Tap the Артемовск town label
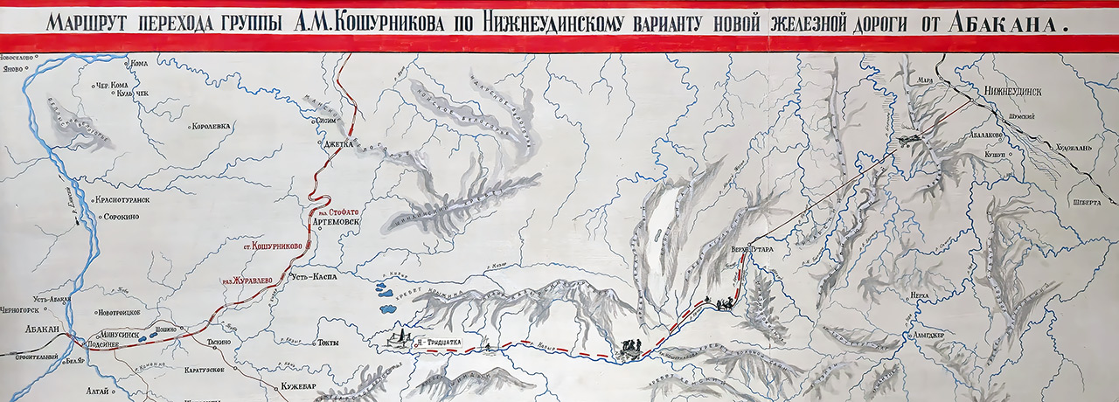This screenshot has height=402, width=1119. tap(335, 221)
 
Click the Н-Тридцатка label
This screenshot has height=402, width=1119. tap(440, 342)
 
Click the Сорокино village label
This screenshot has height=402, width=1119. tap(122, 216)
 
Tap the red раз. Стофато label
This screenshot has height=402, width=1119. tap(337, 211)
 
